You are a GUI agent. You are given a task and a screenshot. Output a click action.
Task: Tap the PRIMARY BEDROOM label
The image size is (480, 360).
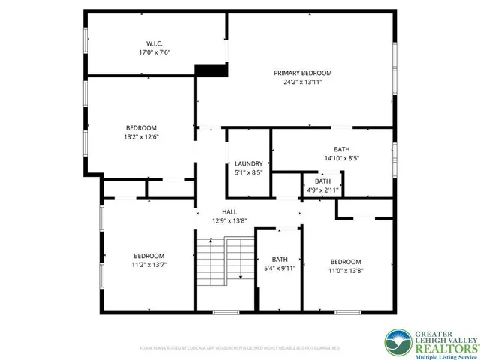point(302,73)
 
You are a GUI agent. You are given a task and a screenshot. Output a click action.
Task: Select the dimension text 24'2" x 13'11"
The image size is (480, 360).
point(302,82)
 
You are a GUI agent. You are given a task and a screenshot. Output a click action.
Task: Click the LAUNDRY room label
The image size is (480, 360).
point(248,163)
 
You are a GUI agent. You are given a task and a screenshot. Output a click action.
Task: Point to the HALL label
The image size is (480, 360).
point(229,212)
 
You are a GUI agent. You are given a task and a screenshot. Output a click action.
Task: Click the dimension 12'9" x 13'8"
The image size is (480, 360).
point(229,221)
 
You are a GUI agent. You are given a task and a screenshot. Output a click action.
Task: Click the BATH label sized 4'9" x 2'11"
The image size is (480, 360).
point(322,181)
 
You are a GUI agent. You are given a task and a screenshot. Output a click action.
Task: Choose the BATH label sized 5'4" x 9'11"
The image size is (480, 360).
point(279,259)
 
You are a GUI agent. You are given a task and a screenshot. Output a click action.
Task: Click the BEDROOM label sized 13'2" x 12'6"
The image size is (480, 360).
point(141,127)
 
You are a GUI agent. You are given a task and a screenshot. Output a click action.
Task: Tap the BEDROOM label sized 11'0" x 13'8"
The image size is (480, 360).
point(346,261)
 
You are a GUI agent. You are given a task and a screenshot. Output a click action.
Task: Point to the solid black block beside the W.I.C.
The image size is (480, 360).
point(211,69)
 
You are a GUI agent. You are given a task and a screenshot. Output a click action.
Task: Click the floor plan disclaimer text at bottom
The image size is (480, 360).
point(239,348)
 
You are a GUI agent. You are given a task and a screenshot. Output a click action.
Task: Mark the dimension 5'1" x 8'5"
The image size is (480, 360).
point(248,172)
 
